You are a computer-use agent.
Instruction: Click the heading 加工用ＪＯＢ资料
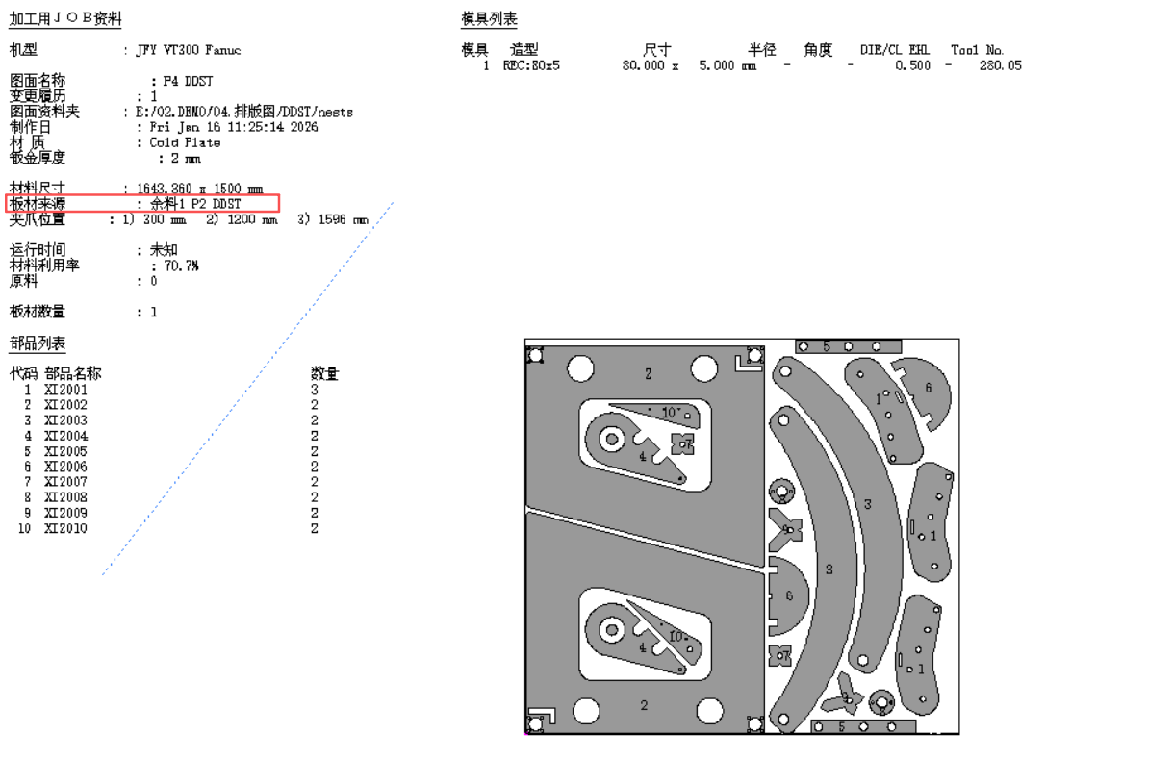click(x=65, y=19)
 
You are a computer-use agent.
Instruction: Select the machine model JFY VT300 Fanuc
click(x=189, y=50)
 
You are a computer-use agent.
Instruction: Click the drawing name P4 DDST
click(x=188, y=81)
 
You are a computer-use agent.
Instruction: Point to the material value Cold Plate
click(x=185, y=142)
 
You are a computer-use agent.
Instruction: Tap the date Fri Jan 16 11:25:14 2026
click(x=234, y=127)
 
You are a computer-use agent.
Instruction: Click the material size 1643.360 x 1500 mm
click(x=200, y=188)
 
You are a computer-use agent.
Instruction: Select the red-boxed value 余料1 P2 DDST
click(x=195, y=204)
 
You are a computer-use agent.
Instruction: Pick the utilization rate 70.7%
click(x=181, y=266)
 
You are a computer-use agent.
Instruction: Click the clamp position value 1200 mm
click(x=252, y=219)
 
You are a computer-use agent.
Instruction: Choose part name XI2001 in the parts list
click(x=65, y=390)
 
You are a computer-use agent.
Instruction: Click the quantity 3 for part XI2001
click(x=315, y=390)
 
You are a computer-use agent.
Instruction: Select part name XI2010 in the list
click(x=65, y=528)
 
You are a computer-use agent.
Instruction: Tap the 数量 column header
click(x=325, y=373)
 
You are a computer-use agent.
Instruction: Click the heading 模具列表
click(x=489, y=19)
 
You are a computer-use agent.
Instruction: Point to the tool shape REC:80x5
click(x=531, y=66)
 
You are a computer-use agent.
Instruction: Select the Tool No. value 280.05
click(x=1001, y=66)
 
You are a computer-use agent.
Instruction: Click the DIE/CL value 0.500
click(x=912, y=66)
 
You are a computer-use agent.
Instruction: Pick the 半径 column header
click(x=761, y=50)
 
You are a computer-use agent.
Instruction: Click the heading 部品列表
click(x=38, y=343)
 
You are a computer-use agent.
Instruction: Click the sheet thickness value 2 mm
click(x=186, y=158)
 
